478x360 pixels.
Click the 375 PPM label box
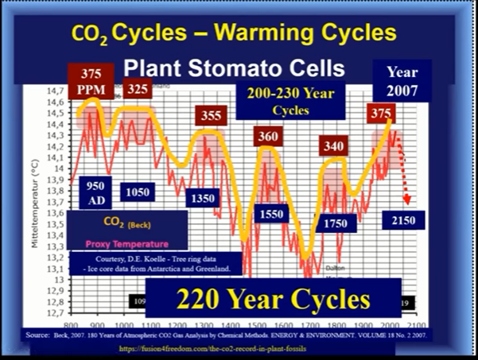click(x=90, y=80)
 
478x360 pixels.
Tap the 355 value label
click(x=212, y=116)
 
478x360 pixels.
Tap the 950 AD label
click(x=92, y=191)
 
